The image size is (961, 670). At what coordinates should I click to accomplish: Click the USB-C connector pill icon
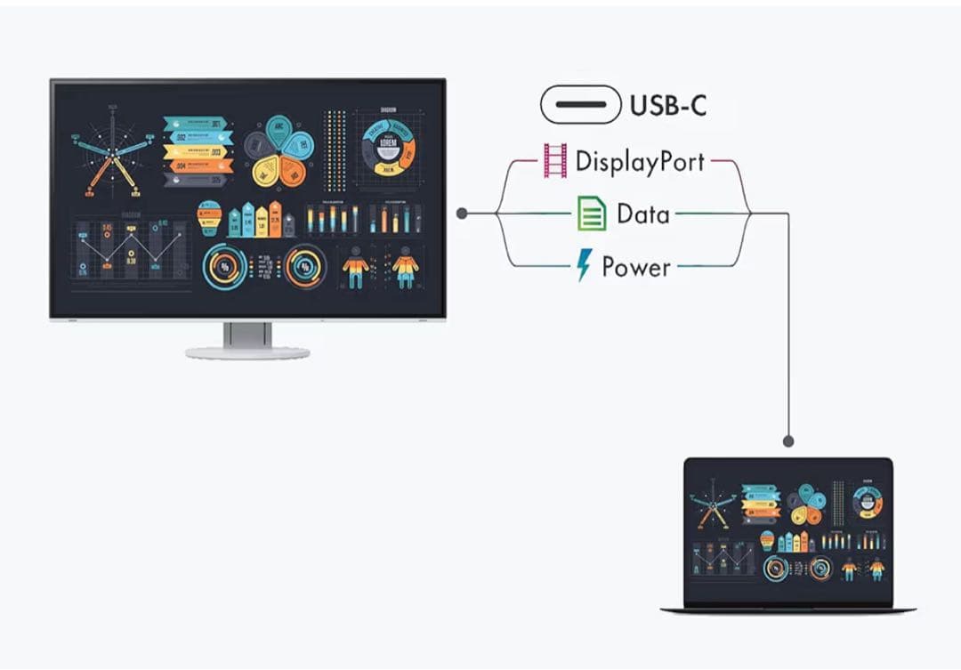coord(580,105)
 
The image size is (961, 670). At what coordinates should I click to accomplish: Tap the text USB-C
coord(668,105)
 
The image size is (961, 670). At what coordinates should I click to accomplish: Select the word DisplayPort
coord(640,162)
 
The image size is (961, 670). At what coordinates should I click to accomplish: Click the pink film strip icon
coord(554,161)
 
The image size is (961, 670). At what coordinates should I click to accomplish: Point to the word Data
coord(642,214)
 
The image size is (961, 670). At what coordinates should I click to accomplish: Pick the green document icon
coord(591,214)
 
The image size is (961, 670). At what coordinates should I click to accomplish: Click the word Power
coord(636,267)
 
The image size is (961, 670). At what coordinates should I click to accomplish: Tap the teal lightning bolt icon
coord(584,265)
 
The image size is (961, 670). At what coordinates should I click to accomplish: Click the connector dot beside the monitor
coord(462,214)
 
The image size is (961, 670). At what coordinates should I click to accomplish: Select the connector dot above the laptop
coord(787,440)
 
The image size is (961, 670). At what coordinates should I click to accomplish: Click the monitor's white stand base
coord(247,352)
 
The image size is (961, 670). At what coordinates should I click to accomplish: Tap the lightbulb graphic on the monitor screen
coord(209,217)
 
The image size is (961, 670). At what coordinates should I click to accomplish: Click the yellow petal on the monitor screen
coord(265,170)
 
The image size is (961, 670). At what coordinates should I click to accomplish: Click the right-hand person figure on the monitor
coord(405,265)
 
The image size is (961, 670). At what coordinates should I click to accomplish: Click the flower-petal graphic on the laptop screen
coord(808,505)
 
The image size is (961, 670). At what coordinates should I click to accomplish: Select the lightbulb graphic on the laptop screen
coord(767,539)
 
